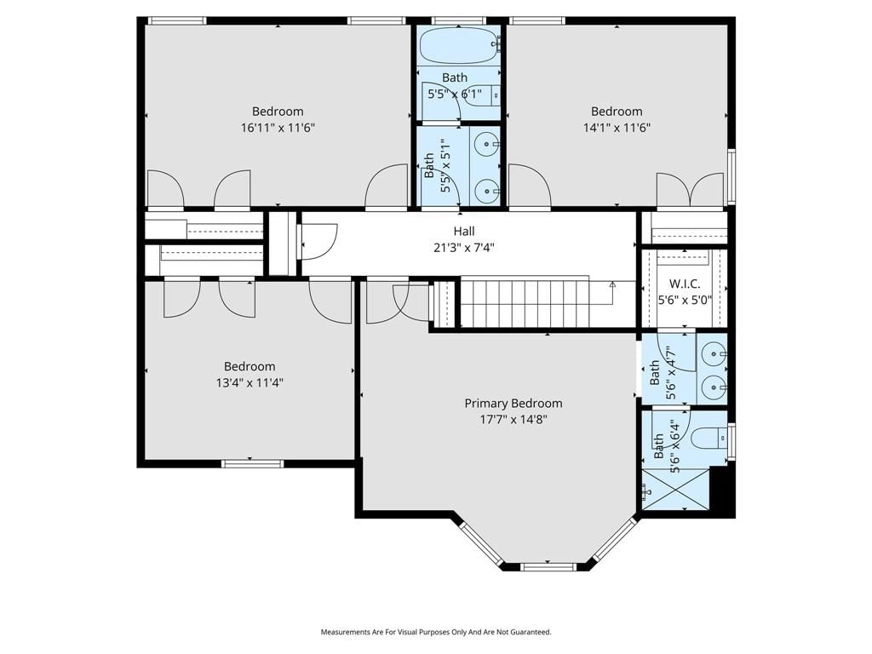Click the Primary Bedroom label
(x=513, y=403)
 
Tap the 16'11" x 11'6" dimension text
(x=278, y=128)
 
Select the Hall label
(x=464, y=231)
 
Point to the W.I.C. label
(x=685, y=284)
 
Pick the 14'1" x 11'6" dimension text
(x=617, y=128)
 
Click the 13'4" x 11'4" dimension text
(x=250, y=382)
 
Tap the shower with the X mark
(x=675, y=489)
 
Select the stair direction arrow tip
(x=612, y=283)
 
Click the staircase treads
(x=524, y=303)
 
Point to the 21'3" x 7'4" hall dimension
(x=464, y=248)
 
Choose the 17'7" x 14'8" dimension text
(x=513, y=419)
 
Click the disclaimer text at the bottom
(x=436, y=632)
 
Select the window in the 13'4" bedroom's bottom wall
(x=252, y=463)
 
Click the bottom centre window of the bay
(x=548, y=567)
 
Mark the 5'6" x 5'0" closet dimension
(x=685, y=301)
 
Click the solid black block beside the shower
(x=722, y=491)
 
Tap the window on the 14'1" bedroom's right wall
(x=731, y=177)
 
